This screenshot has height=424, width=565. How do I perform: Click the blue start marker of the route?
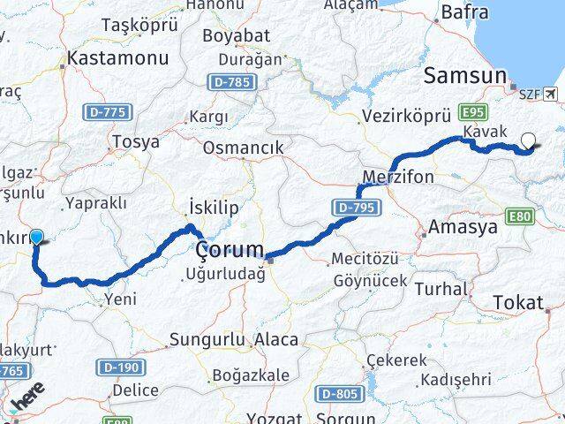[37, 236]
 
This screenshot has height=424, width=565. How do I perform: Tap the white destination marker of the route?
[528, 139]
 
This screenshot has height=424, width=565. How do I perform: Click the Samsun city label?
[465, 76]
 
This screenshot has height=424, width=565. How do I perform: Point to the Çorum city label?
[230, 249]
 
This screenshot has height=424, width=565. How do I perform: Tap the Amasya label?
[463, 227]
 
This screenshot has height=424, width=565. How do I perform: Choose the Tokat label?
[518, 302]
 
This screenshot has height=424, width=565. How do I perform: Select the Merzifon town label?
[398, 177]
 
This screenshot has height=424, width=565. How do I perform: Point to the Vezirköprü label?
[407, 116]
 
